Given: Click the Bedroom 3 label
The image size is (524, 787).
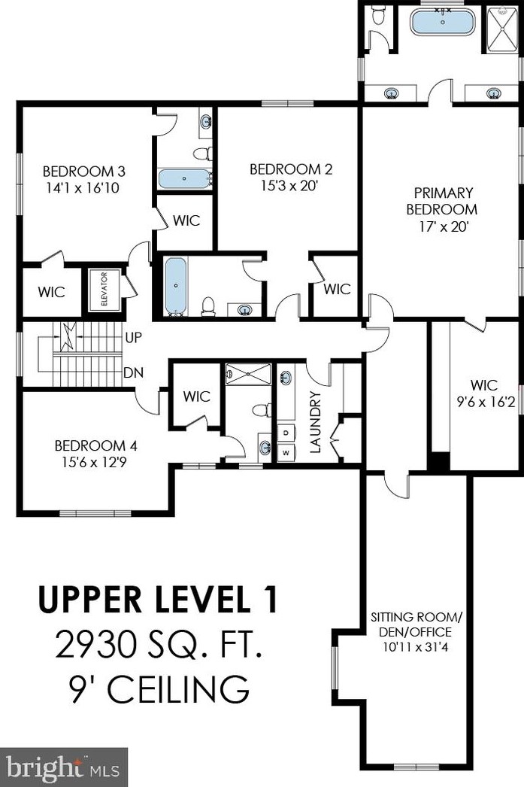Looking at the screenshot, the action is click(83, 171).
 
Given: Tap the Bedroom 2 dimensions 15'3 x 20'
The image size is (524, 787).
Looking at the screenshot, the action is click(290, 186).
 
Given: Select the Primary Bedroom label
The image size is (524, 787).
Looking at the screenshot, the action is click(442, 201).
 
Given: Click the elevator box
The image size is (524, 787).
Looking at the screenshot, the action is click(104, 290).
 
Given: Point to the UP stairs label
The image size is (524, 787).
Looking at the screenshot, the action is click(133, 338).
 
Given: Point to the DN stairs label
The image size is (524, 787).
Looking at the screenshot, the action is click(134, 373).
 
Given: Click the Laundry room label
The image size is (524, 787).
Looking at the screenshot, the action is click(315, 423).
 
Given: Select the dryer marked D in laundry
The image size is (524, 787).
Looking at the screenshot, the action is click(286, 433).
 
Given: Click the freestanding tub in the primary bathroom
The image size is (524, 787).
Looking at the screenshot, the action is click(443, 22).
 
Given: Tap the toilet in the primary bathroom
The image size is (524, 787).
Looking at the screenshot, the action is click(378, 15).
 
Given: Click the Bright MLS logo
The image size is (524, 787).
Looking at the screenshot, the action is click(63, 767).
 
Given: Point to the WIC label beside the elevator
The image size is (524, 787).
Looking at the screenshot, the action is click(52, 292).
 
